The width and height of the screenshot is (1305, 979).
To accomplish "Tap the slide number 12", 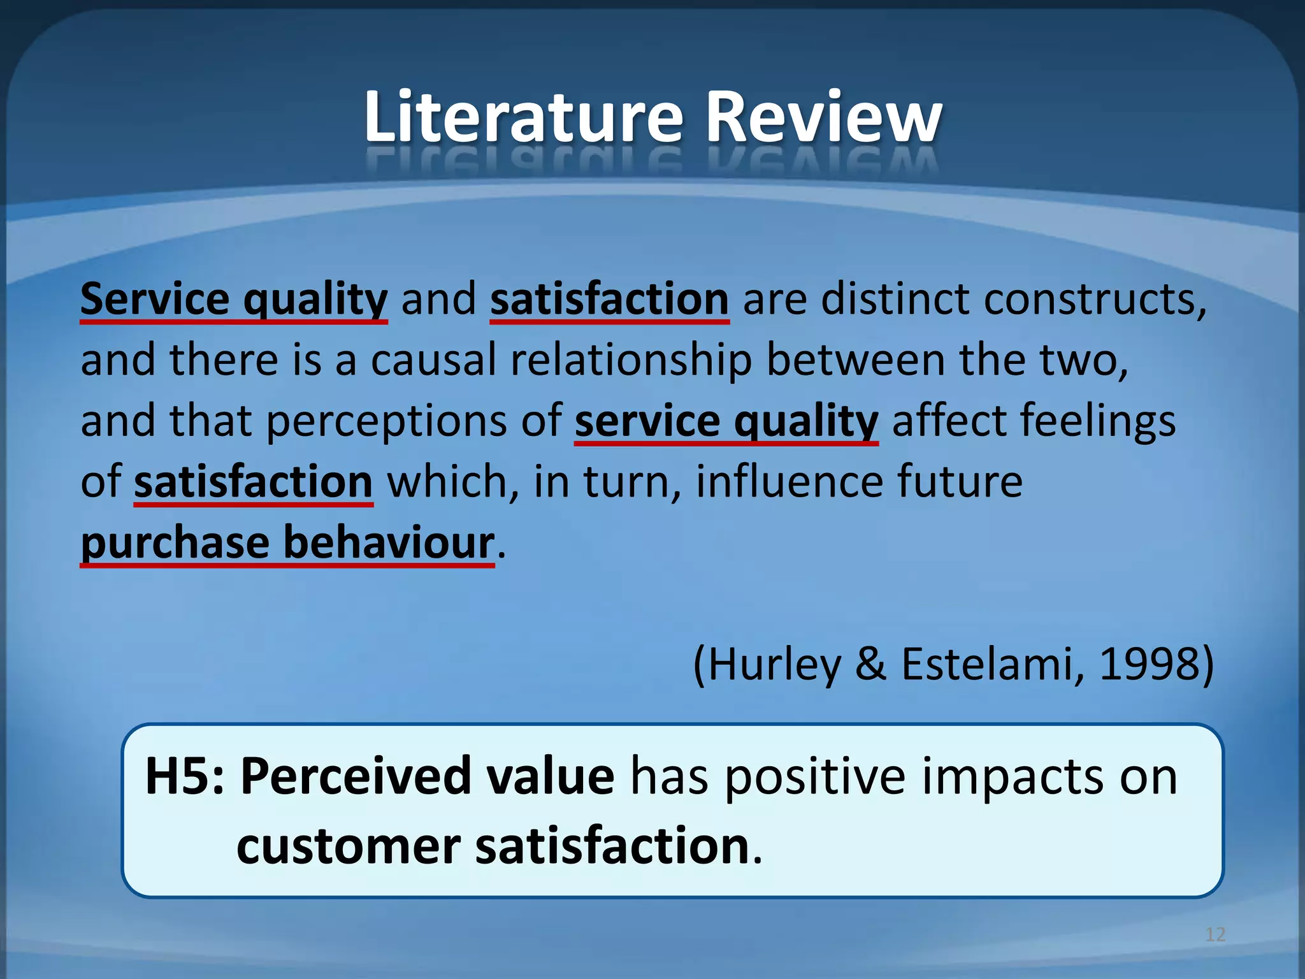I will (1215, 934).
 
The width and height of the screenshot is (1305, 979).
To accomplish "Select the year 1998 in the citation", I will (1149, 664).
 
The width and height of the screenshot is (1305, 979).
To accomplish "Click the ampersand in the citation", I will (870, 664).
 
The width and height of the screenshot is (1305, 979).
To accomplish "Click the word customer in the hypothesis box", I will (348, 846).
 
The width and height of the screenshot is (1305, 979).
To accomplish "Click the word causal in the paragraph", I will (433, 360).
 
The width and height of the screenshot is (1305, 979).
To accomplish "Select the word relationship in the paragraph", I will (631, 360).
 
